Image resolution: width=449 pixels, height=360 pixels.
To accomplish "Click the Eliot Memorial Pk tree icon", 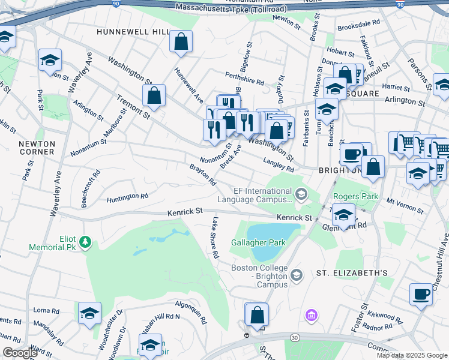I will pyautogui.click(x=86, y=242).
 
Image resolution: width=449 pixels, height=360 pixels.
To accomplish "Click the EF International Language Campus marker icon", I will pyautogui.click(x=300, y=193).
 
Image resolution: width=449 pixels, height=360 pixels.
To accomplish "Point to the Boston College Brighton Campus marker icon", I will pyautogui.click(x=295, y=275).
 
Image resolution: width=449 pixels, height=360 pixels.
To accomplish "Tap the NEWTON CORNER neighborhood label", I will pyautogui.click(x=37, y=148).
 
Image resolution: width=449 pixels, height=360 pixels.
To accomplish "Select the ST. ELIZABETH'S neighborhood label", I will pyautogui.click(x=352, y=272).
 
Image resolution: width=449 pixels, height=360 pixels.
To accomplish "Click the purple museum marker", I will pyautogui.click(x=311, y=315).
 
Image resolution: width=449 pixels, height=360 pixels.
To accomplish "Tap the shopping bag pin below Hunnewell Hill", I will pyautogui.click(x=181, y=42).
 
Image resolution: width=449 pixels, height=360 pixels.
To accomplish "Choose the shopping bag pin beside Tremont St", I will pyautogui.click(x=154, y=95).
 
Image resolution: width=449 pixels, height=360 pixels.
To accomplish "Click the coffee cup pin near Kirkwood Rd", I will pyautogui.click(x=421, y=294).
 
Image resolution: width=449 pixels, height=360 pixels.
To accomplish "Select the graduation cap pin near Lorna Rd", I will pyautogui.click(x=89, y=313).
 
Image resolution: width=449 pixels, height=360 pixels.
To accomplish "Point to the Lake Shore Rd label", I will pyautogui.click(x=214, y=238).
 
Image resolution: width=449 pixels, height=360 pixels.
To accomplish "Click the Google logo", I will pyautogui.click(x=20, y=353).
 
